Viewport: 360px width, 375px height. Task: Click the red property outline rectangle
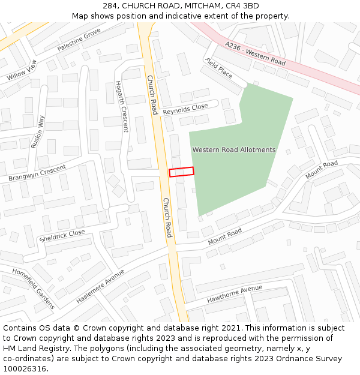pyautogui.click(x=181, y=172)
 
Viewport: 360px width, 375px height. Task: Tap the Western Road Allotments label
pyautogui.click(x=233, y=149)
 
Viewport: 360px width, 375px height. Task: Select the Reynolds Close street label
pyautogui.click(x=185, y=109)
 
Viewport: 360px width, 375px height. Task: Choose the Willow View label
pyautogui.click(x=22, y=70)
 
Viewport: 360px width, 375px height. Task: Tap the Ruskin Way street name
pyautogui.click(x=38, y=131)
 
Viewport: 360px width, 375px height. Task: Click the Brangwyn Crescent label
pyautogui.click(x=37, y=173)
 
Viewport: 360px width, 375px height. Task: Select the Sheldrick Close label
pyautogui.click(x=62, y=235)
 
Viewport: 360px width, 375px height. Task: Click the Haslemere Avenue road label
pyautogui.click(x=100, y=286)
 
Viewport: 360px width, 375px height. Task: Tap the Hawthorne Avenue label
pyautogui.click(x=235, y=293)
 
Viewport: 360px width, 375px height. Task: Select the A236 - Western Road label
pyautogui.click(x=256, y=54)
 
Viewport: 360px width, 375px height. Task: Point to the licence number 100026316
pyautogui.click(x=25, y=369)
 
